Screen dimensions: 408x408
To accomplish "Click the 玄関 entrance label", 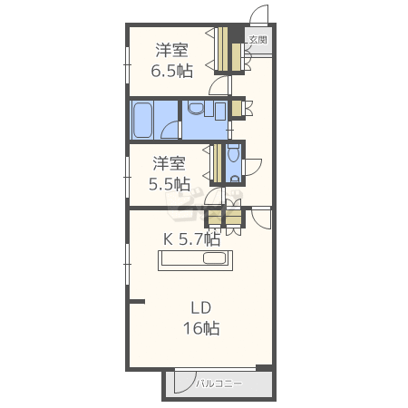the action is click(x=257, y=40).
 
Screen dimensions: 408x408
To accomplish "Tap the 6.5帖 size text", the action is click(x=171, y=72).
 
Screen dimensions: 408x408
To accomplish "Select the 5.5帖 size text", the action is click(x=170, y=184).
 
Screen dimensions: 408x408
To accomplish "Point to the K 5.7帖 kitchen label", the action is click(x=191, y=239).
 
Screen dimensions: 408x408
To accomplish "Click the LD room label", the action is click(x=201, y=308).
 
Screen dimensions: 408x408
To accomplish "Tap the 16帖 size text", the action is click(x=201, y=328).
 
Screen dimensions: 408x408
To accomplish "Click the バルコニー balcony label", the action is click(x=219, y=384).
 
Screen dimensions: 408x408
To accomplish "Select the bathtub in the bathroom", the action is click(x=142, y=121).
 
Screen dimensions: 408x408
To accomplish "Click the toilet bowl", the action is click(x=233, y=154).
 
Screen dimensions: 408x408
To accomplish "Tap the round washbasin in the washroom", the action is click(x=196, y=108).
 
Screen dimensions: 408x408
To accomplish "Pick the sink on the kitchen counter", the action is click(x=215, y=258).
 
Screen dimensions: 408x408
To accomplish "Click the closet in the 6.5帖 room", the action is click(x=223, y=50).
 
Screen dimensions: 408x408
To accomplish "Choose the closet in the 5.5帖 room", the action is click(x=218, y=163).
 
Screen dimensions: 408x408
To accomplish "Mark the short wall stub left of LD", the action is click(x=138, y=301).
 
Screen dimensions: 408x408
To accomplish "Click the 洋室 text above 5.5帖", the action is click(x=170, y=163).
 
